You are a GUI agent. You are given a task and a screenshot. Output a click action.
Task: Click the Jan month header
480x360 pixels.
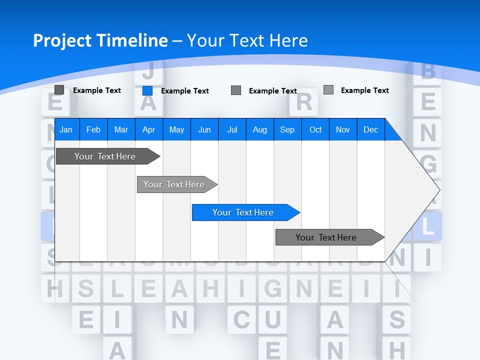click(x=66, y=129)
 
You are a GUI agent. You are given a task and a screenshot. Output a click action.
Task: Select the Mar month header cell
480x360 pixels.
click(x=121, y=129)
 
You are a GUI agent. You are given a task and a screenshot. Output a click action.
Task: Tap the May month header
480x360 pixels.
click(x=176, y=129)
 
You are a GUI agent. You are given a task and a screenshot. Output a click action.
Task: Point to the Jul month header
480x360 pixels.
click(x=232, y=129)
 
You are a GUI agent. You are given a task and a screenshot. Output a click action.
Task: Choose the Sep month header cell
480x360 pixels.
click(x=287, y=129)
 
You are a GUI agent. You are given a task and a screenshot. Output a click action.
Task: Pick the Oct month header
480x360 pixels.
click(x=315, y=129)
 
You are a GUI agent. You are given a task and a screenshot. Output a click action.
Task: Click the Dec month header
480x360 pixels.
click(x=370, y=129)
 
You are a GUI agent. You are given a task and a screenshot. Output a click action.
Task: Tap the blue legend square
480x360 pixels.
click(x=147, y=90)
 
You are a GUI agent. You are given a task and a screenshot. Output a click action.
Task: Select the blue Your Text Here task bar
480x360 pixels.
click(x=243, y=212)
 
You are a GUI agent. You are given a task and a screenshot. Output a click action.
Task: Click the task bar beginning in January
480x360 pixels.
click(x=105, y=156)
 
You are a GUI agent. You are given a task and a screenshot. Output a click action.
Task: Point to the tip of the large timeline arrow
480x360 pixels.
click(x=439, y=189)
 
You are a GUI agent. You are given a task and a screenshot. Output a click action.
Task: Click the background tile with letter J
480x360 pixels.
click(x=147, y=71)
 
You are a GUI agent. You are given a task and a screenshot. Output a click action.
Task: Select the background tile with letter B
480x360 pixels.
click(x=427, y=71)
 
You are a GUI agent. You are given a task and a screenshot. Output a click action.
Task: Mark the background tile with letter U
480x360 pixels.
click(x=272, y=319)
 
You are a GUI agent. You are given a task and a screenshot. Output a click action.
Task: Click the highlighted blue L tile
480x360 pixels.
click(x=427, y=226)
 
